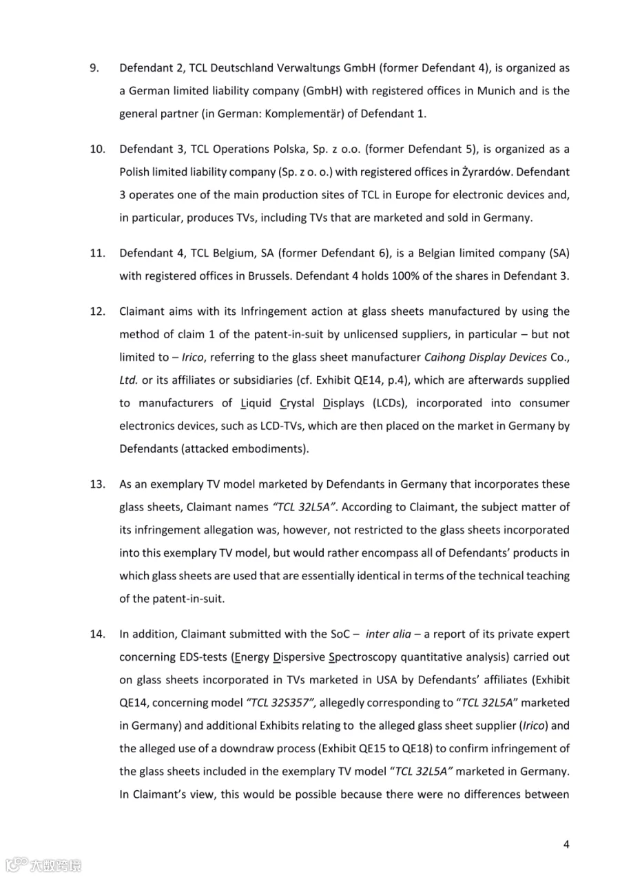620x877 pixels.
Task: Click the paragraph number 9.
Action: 95,68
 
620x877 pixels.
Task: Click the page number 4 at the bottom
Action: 566,844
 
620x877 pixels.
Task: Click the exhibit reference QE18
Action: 451,748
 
